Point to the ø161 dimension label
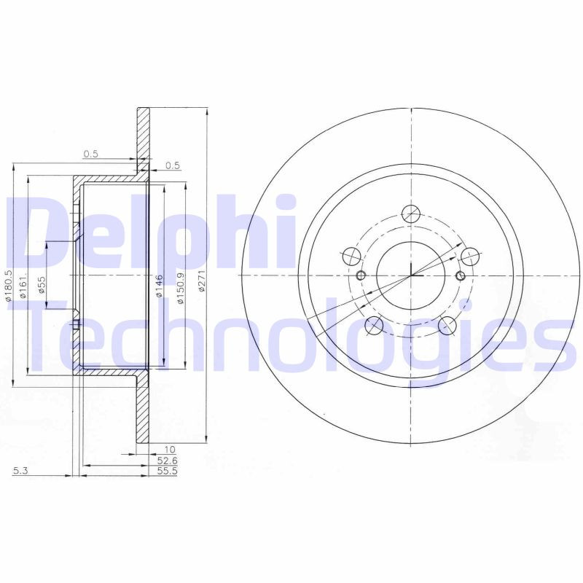click(23, 286)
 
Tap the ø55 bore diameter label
click(42, 284)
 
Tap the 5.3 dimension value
click(20, 472)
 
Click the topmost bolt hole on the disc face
click(412, 214)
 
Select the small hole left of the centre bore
click(362, 275)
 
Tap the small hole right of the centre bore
click(460, 275)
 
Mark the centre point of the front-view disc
click(411, 275)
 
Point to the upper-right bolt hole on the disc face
click(470, 256)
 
